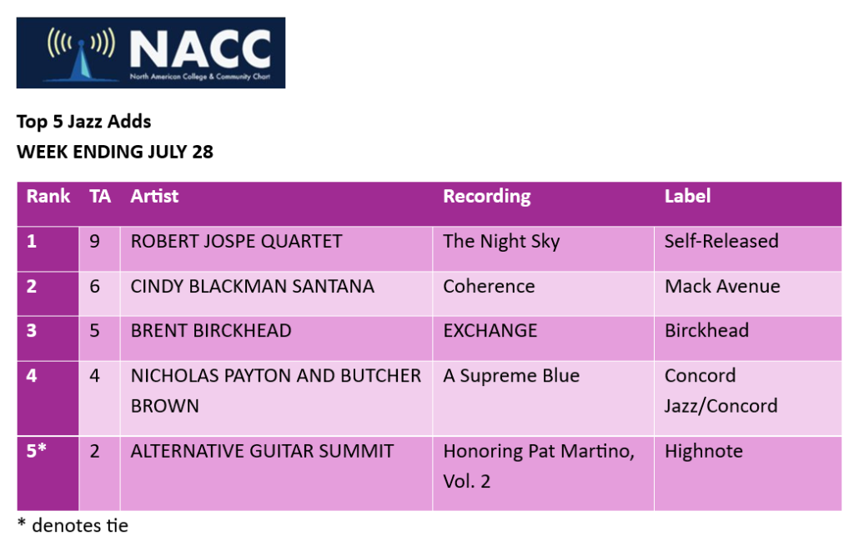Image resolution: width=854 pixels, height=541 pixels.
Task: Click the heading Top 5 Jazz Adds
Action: (x=84, y=122)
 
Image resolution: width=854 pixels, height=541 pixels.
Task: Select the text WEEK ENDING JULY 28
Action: (x=115, y=152)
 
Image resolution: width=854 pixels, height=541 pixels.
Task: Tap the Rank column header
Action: (x=48, y=196)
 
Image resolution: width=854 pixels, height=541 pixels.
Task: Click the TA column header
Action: (x=100, y=196)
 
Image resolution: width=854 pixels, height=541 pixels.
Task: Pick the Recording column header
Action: (x=487, y=197)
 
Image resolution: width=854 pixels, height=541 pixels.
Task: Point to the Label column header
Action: (x=687, y=196)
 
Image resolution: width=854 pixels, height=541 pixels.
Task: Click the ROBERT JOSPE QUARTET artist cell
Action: (x=236, y=241)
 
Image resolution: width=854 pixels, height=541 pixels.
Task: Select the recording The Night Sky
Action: (x=501, y=242)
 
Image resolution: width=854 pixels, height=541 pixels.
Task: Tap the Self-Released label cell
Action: (x=721, y=241)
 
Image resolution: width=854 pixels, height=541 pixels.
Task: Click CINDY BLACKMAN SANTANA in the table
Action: (x=252, y=286)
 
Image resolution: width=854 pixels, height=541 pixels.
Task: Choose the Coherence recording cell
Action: (x=489, y=286)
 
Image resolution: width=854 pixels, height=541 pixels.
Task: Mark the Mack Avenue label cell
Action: (x=722, y=286)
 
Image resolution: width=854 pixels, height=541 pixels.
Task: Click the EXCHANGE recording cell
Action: (x=490, y=331)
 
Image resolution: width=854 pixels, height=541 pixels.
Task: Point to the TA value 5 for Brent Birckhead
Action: (x=95, y=331)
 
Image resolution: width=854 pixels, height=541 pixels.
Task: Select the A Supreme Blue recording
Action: (x=511, y=376)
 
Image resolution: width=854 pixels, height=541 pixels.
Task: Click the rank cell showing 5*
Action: (x=36, y=451)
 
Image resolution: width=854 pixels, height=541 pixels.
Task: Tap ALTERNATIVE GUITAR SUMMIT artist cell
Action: (x=262, y=451)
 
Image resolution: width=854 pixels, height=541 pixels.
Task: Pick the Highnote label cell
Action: (x=704, y=451)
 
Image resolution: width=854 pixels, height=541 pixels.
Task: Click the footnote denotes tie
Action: (x=80, y=526)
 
